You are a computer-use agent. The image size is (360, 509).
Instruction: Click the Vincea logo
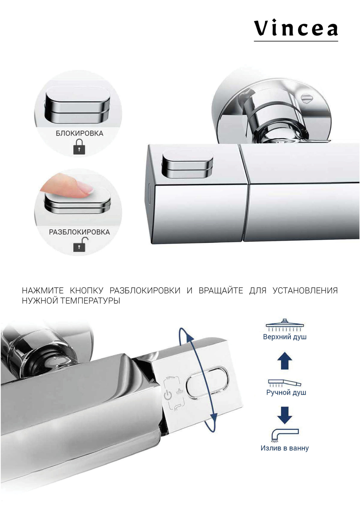coord(296,29)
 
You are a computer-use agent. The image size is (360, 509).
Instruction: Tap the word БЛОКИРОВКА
coord(79,133)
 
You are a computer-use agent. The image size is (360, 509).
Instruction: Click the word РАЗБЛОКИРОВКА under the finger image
coord(79,232)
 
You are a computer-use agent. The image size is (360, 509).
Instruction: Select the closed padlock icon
coord(79,147)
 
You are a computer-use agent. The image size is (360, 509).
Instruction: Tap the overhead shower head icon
coord(284,325)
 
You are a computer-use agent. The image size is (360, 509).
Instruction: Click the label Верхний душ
coord(284,337)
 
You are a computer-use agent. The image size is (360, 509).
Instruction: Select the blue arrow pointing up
coord(284,361)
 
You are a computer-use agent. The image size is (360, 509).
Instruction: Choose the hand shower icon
coord(284,382)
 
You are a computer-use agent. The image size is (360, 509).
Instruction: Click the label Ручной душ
coord(286,392)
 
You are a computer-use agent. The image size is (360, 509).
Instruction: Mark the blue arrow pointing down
coord(284,415)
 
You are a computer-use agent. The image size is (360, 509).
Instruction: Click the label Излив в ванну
coord(284,448)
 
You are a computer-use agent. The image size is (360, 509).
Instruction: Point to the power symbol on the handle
coord(168,395)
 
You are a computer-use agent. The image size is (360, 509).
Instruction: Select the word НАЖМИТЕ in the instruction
coord(42,290)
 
